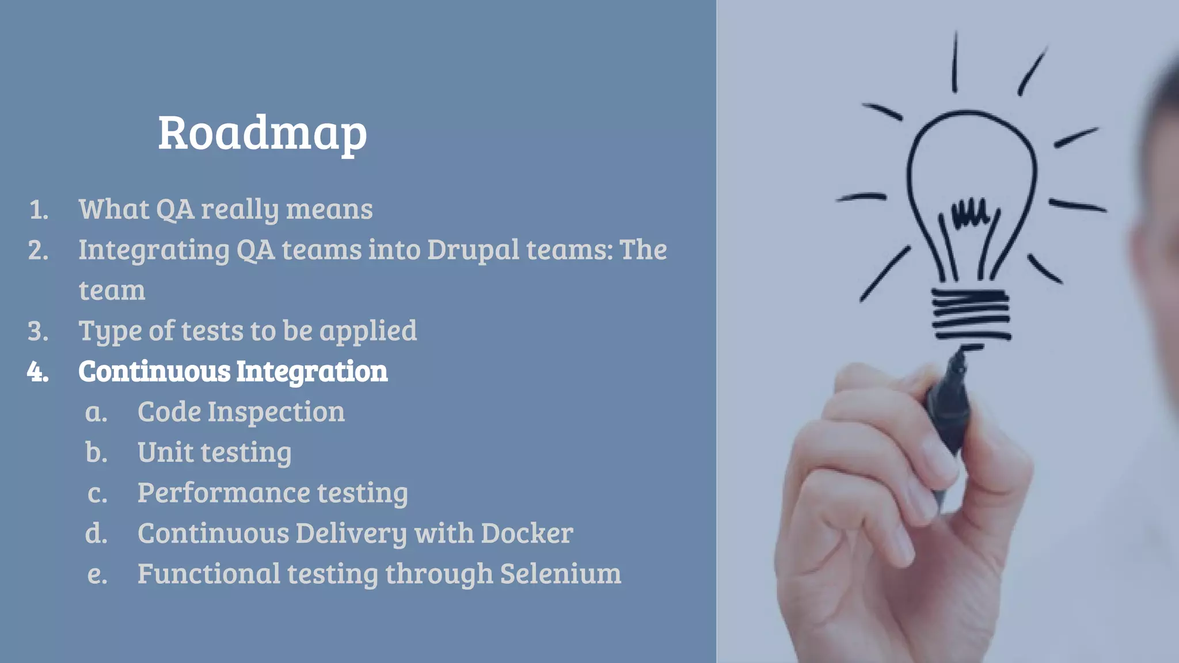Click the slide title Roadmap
pyautogui.click(x=263, y=134)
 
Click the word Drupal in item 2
pyautogui.click(x=473, y=250)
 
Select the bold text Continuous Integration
pyautogui.click(x=233, y=371)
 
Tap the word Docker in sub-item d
pyautogui.click(x=527, y=533)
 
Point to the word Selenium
pyautogui.click(x=560, y=574)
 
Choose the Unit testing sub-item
pyautogui.click(x=214, y=452)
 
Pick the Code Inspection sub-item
pyautogui.click(x=241, y=412)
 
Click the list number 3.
pyautogui.click(x=38, y=331)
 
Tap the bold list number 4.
pyautogui.click(x=37, y=372)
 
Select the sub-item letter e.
pyautogui.click(x=97, y=574)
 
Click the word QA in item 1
pyautogui.click(x=175, y=209)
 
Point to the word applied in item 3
pyautogui.click(x=368, y=331)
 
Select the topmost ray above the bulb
pyautogui.click(x=954, y=62)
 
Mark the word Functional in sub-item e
pyautogui.click(x=208, y=574)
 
